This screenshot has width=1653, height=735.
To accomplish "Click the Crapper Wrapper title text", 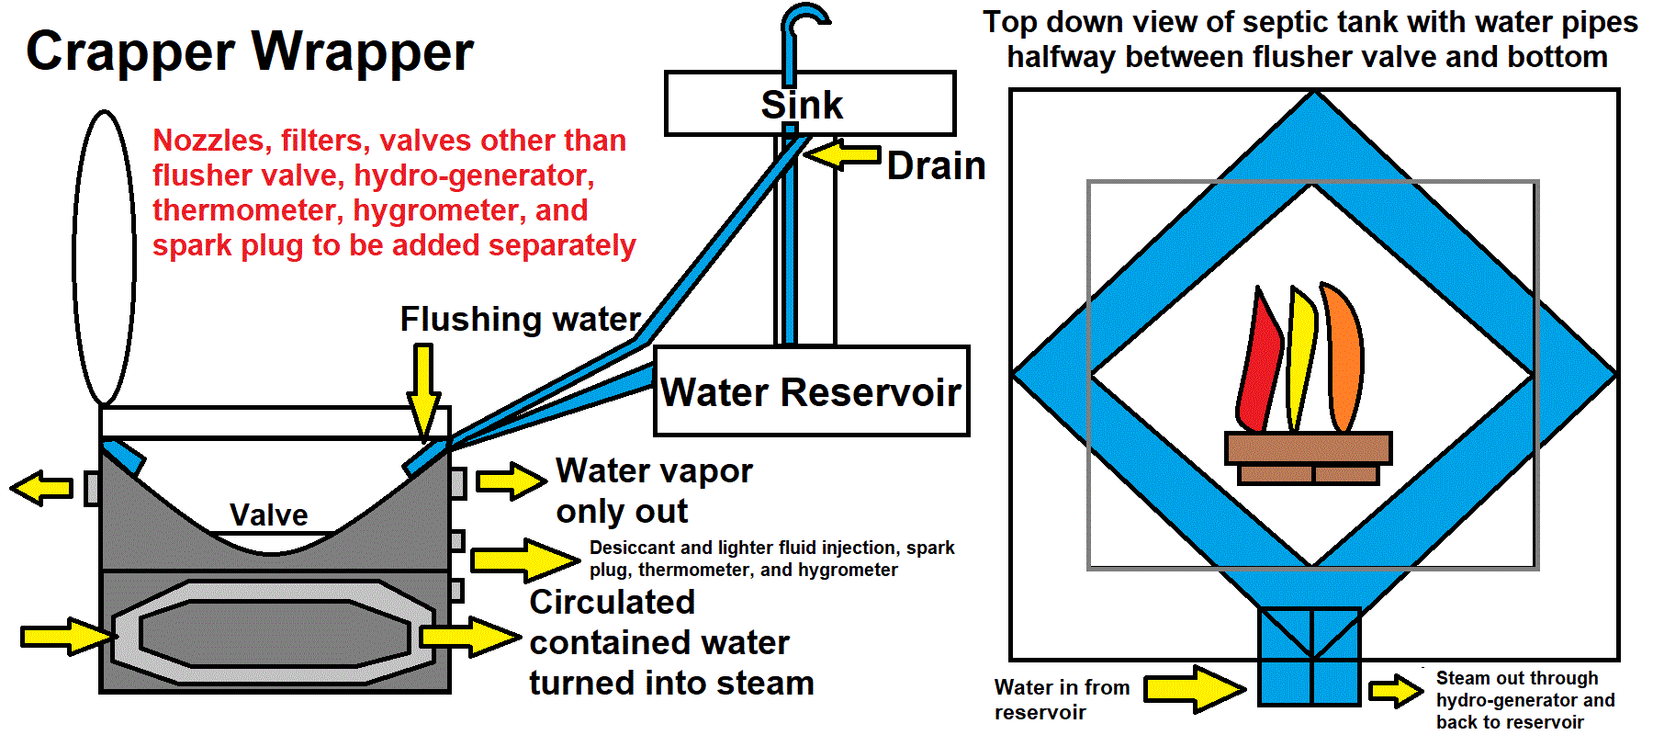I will pyautogui.click(x=249, y=51).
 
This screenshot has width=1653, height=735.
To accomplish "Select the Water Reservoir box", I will pyautogui.click(x=811, y=391).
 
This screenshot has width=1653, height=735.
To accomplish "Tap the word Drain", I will pyautogui.click(x=936, y=166).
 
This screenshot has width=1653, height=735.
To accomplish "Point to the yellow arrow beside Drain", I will pyautogui.click(x=843, y=154).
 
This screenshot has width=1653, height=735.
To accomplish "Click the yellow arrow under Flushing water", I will pyautogui.click(x=423, y=391).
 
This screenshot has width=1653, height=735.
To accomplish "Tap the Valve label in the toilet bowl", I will pyautogui.click(x=268, y=514).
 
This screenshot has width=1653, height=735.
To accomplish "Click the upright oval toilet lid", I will pyautogui.click(x=105, y=258).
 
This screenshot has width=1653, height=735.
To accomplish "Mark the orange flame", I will pyautogui.click(x=1343, y=358).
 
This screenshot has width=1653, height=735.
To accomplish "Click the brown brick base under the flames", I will pyautogui.click(x=1308, y=457).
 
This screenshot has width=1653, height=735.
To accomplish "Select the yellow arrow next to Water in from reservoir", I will pyautogui.click(x=1194, y=688).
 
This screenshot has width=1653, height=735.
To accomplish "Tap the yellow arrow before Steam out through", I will pyautogui.click(x=1396, y=691).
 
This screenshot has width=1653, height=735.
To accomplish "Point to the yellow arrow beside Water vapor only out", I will pyautogui.click(x=511, y=481).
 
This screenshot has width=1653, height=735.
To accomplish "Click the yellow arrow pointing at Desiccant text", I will pyautogui.click(x=523, y=560).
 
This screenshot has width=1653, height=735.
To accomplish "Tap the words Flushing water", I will pyautogui.click(x=520, y=320).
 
